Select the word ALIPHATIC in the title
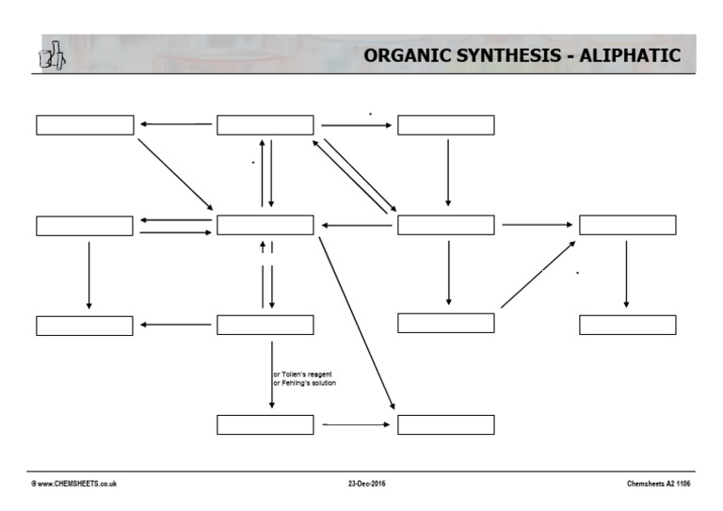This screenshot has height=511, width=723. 630,56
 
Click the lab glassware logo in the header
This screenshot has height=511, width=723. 52,56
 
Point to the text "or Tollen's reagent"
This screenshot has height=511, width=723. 302,375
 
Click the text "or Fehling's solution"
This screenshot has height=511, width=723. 304,383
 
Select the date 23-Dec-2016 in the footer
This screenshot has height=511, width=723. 366,484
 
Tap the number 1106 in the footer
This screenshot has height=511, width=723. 683,484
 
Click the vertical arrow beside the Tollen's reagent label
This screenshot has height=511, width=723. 272,375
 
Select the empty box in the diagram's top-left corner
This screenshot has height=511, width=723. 85,125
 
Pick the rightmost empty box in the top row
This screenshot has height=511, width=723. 445,125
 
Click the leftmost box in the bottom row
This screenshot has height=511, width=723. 265,424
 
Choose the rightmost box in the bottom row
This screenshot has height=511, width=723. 445,424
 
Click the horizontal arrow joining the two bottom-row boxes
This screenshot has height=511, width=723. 356,424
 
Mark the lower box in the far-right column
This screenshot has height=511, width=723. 627,325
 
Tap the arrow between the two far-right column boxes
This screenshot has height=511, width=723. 626,274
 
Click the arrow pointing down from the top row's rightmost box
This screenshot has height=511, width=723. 447,172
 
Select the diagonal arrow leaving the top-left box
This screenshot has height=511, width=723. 175,174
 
